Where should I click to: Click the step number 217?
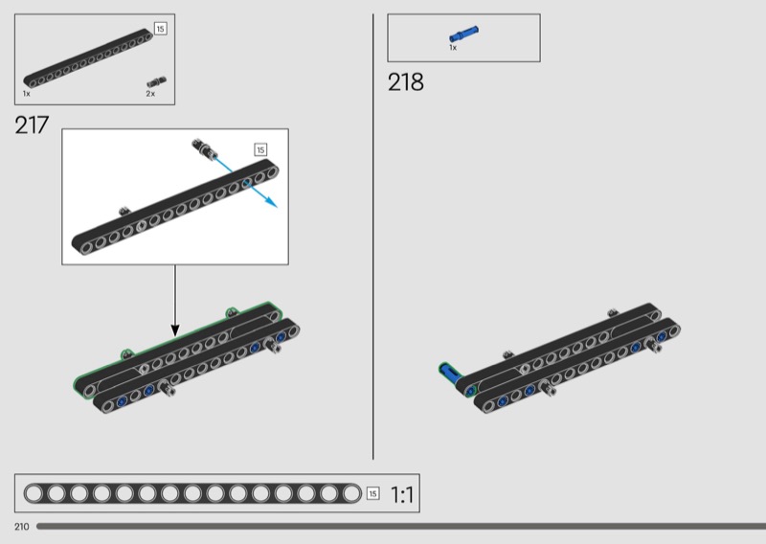(32, 125)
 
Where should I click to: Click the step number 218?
(405, 82)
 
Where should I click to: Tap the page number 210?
(21, 527)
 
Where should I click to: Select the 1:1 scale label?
(402, 494)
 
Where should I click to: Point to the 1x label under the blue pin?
(453, 48)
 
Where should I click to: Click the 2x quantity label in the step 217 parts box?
(150, 94)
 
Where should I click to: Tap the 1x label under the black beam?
(27, 94)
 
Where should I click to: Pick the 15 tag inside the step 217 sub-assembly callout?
(260, 149)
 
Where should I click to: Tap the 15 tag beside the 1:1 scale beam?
(373, 493)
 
